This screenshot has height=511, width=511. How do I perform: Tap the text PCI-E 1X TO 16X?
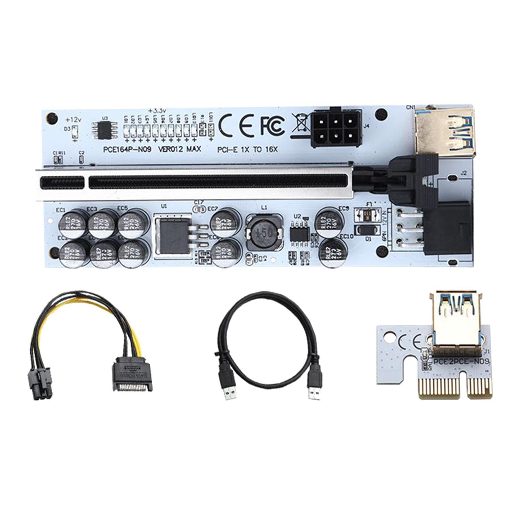tap(248, 149)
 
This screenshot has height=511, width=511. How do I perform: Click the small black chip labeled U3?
tap(104, 131)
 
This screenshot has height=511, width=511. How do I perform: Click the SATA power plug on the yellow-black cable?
tap(132, 377)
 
